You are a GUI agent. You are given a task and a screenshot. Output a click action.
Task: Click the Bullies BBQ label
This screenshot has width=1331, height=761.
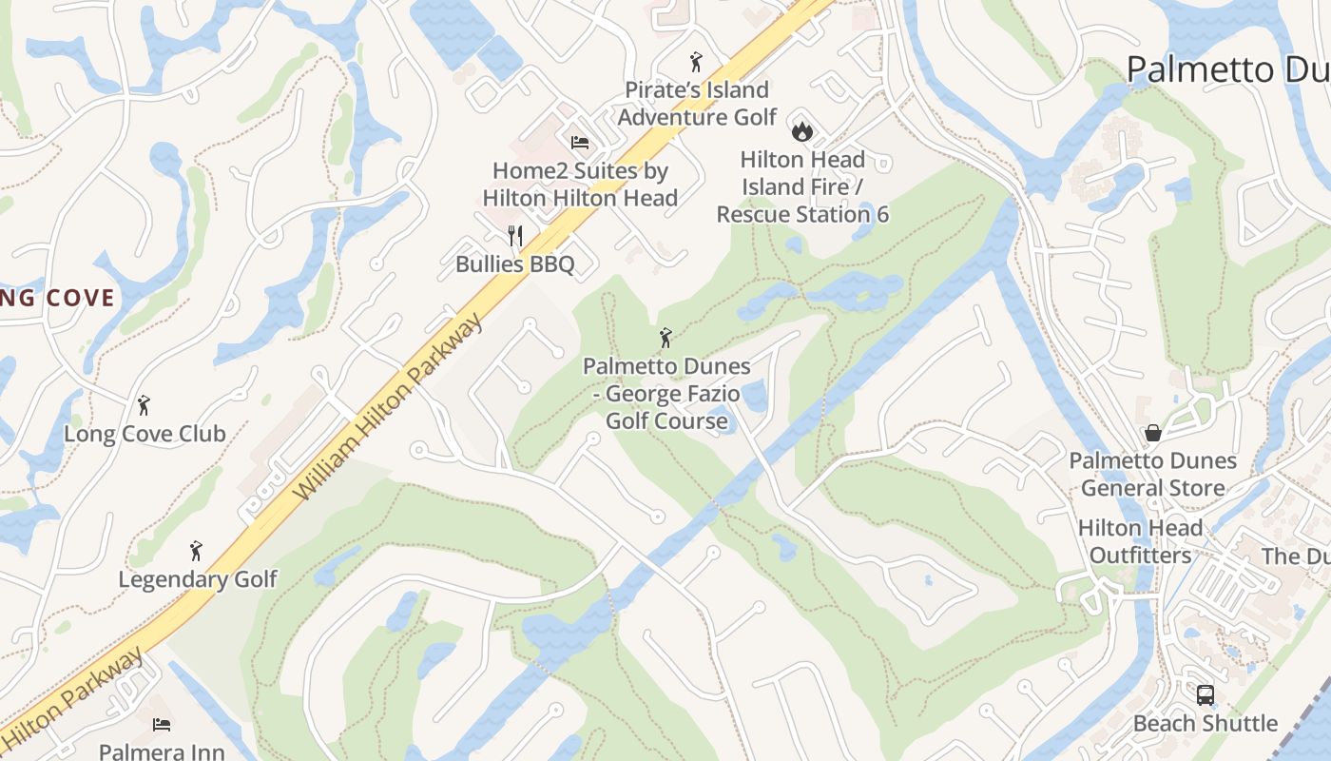pos(515,264)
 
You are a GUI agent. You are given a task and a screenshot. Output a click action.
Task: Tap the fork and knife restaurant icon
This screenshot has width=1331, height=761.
pos(515,235)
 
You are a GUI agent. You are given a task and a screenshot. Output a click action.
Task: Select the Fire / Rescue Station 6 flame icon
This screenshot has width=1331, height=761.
pos(802,130)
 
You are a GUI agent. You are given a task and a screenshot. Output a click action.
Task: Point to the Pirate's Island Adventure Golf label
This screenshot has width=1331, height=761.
pos(697,104)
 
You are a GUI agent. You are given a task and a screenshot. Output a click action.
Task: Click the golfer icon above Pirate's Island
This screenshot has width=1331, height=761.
pos(696,63)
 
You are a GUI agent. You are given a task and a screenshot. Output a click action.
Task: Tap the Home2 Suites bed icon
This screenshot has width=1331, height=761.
pos(580,143)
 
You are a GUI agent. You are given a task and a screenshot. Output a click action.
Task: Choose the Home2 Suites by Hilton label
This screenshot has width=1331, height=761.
pos(580,185)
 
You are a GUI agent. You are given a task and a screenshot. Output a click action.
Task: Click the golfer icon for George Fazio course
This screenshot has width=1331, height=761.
pos(666,338)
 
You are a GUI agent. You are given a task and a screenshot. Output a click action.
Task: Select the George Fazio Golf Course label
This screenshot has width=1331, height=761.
pos(666,394)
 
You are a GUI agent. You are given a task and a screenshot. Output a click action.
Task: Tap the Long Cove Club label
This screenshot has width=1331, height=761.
pos(145,435)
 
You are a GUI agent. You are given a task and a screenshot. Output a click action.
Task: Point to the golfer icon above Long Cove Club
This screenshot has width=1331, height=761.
pos(144,406)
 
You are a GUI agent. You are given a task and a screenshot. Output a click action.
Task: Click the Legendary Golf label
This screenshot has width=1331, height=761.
pos(198,579)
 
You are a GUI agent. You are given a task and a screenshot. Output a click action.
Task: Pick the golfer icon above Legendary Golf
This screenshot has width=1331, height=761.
pos(196,551)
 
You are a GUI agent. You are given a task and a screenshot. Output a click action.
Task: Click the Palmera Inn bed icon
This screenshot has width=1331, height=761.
pos(162,725)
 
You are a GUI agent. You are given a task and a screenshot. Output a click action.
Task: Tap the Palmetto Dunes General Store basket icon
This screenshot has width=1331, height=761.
pos(1153,433)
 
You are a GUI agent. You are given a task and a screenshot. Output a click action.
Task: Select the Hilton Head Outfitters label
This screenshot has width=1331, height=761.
pos(1140,541)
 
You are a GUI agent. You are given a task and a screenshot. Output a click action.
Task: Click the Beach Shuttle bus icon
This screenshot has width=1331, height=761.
pos(1205,695)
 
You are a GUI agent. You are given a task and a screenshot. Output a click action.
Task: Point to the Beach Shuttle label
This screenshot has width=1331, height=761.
pos(1205,724)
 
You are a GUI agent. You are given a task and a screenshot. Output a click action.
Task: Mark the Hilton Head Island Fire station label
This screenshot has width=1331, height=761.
pos(802,186)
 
